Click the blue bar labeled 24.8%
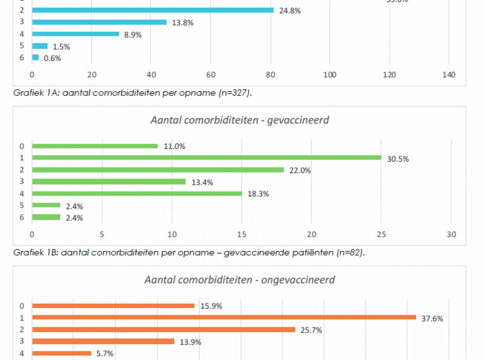point(152,10)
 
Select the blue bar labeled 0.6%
point(35,58)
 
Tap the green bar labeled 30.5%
point(207,157)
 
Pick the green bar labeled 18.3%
point(137,194)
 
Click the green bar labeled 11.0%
point(95,146)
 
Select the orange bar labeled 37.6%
point(224,317)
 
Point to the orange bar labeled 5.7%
point(62,354)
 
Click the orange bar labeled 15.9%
point(113,306)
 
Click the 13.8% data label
point(183,23)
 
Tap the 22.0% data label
point(300,170)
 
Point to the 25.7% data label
point(311,330)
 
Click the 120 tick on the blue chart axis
point(390,75)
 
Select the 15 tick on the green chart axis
point(242,234)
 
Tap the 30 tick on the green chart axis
point(451,234)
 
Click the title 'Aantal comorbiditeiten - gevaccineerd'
point(240,120)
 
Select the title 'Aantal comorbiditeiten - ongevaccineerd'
point(240,280)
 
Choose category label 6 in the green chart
point(22,218)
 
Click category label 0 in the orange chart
point(22,306)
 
